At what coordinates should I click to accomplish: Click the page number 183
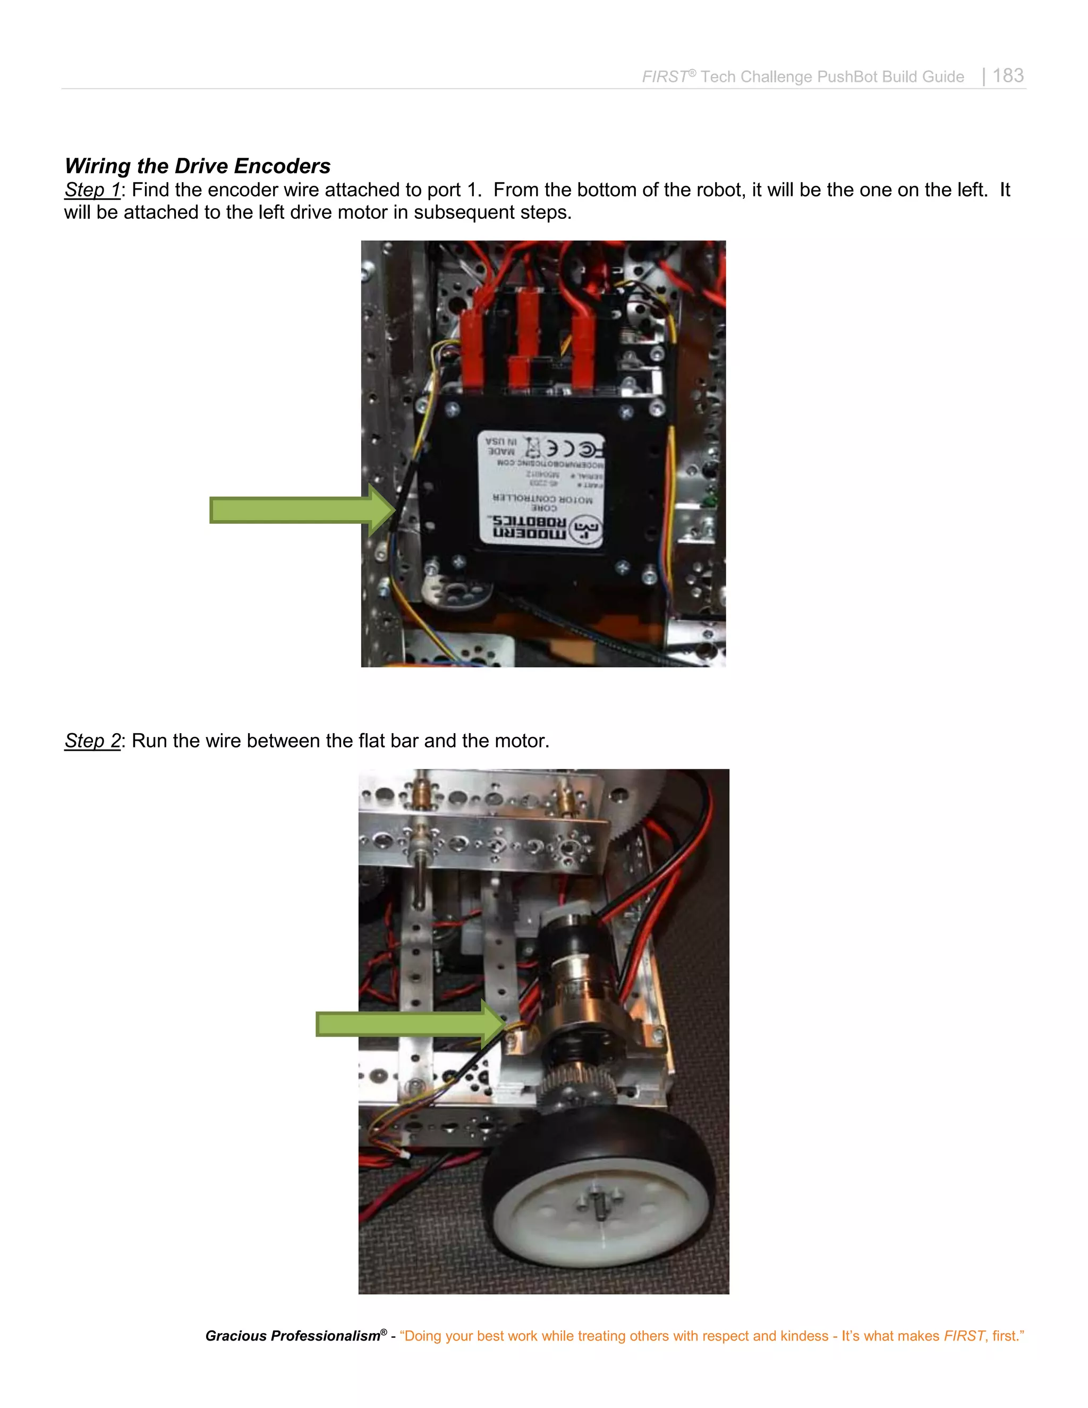point(1008,76)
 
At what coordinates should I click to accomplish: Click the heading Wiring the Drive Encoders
point(197,166)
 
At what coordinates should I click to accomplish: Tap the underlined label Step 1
point(92,190)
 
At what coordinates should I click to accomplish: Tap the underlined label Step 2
point(92,741)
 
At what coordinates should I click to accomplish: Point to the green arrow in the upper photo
point(296,510)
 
